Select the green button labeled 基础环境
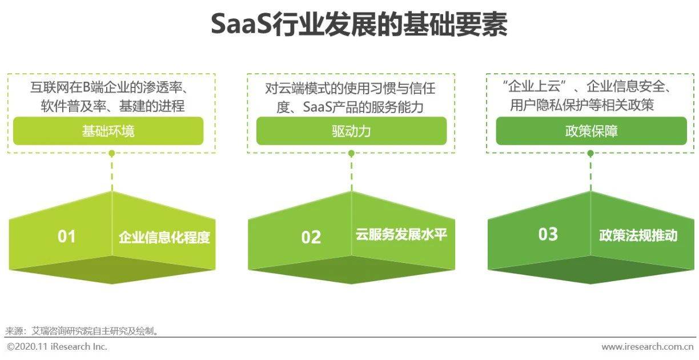109,131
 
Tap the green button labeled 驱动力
351,131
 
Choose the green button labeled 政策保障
591,131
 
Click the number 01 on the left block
66,236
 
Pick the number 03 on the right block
548,234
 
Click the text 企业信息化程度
164,237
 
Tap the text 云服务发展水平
401,234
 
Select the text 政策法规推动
638,235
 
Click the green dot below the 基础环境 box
112,153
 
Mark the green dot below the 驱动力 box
351,153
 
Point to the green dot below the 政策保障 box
590,153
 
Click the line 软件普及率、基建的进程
113,106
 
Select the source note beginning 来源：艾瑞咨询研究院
83,330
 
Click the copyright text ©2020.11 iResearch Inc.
57,346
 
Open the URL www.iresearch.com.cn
648,346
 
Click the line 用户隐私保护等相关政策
582,106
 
